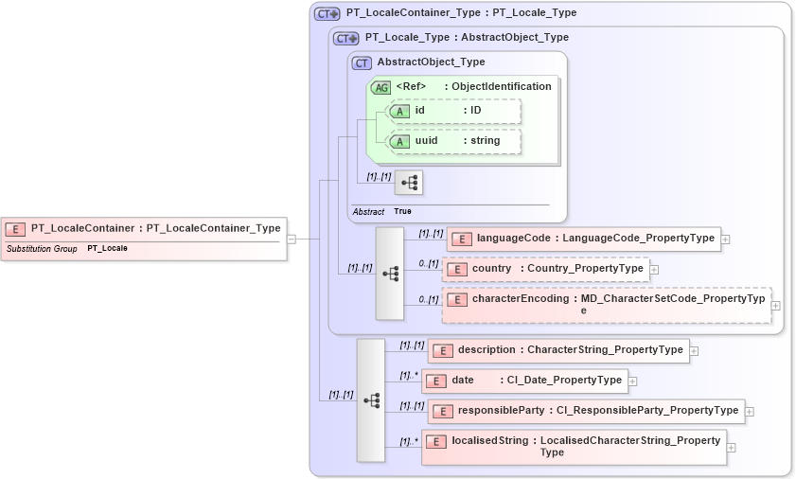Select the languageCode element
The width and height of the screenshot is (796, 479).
[x=583, y=239]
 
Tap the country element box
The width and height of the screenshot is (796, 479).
[x=546, y=269]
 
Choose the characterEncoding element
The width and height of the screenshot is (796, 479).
[x=607, y=304]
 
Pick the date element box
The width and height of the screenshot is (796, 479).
[x=524, y=381]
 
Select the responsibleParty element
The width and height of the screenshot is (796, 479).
[x=586, y=411]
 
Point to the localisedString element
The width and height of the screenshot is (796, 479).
[x=574, y=446]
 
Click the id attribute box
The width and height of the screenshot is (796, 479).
[x=453, y=111]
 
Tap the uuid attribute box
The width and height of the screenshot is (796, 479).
[x=453, y=141]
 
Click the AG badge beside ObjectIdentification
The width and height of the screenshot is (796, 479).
[x=381, y=87]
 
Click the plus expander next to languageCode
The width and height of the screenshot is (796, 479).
[x=726, y=239]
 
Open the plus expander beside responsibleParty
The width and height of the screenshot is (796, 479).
[x=750, y=412]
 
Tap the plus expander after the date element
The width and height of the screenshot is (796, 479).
[x=633, y=381]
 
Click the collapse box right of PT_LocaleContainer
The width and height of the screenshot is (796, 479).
[x=292, y=239]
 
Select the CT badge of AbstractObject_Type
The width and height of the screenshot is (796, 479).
[x=362, y=63]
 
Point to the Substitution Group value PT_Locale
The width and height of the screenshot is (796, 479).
[x=107, y=249]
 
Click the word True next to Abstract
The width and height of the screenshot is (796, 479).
[x=402, y=211]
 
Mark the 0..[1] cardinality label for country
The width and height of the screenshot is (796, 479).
[x=429, y=263]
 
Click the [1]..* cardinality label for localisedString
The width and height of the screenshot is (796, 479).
[x=409, y=441]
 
